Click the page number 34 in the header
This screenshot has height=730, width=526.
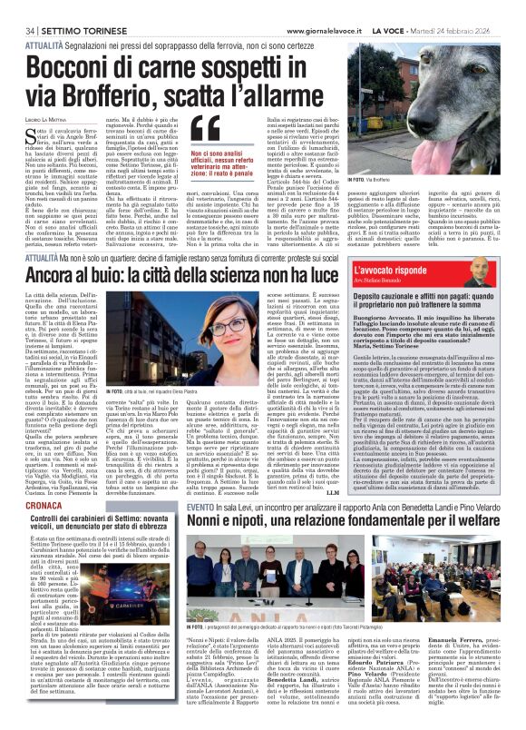point(17,7)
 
